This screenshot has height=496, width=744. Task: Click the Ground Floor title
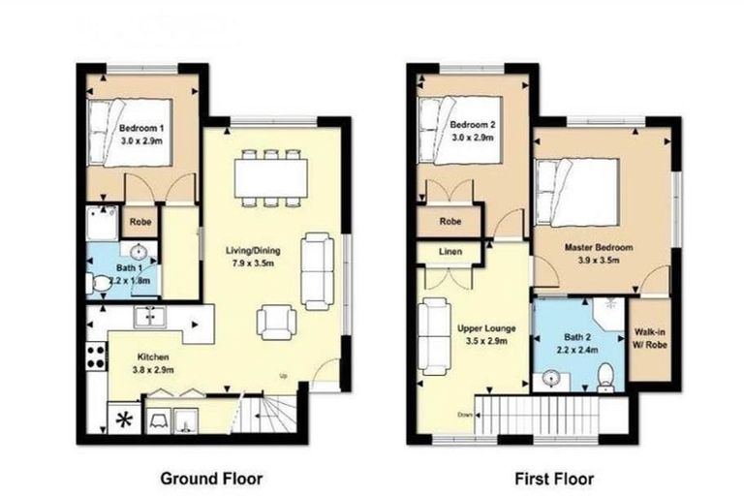coord(208,478)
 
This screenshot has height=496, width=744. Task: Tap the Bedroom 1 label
coord(141,128)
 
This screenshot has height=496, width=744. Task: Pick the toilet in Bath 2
coord(604,374)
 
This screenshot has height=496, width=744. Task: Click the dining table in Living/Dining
coord(271,176)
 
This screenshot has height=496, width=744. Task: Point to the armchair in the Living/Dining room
coord(276,322)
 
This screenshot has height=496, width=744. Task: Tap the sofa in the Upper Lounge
coord(433,335)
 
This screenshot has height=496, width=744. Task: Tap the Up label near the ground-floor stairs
coord(283,375)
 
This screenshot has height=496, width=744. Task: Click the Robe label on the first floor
coord(449,221)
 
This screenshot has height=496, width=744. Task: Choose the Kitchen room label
coord(152,356)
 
